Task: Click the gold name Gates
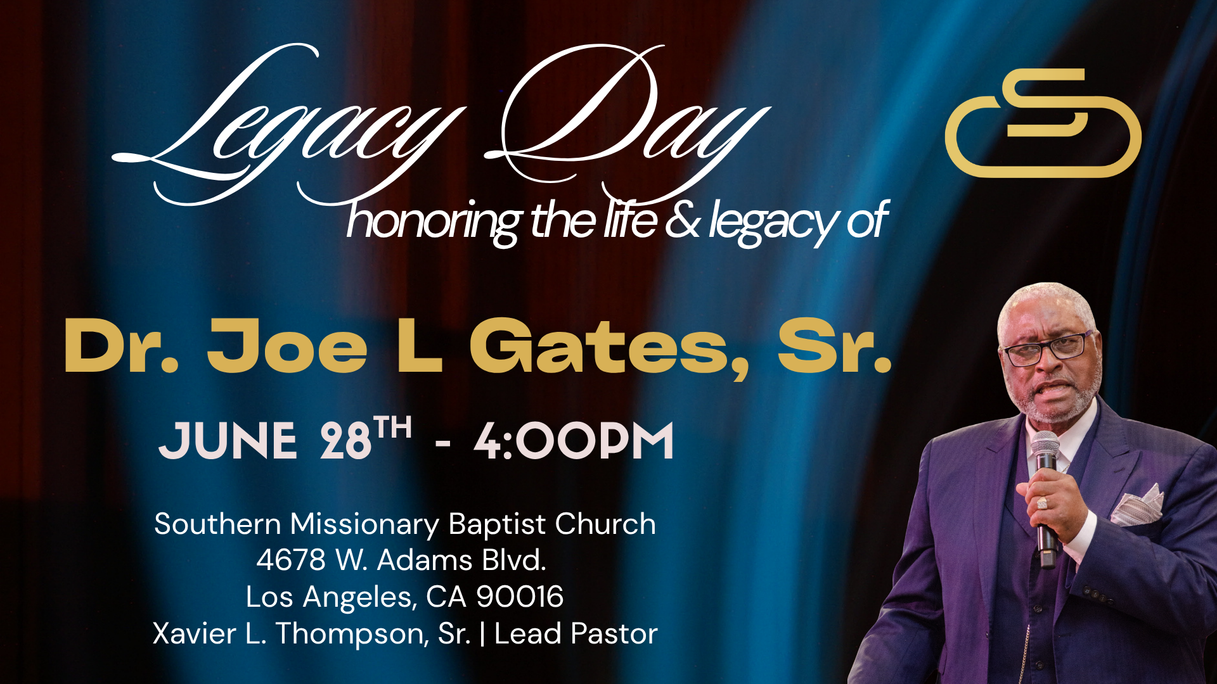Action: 609,348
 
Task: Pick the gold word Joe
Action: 287,347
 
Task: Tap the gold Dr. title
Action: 121,347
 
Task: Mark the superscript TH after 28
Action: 392,427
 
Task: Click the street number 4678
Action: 290,560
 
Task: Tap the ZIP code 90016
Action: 520,597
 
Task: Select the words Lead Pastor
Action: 576,634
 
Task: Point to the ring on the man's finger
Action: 1041,503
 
